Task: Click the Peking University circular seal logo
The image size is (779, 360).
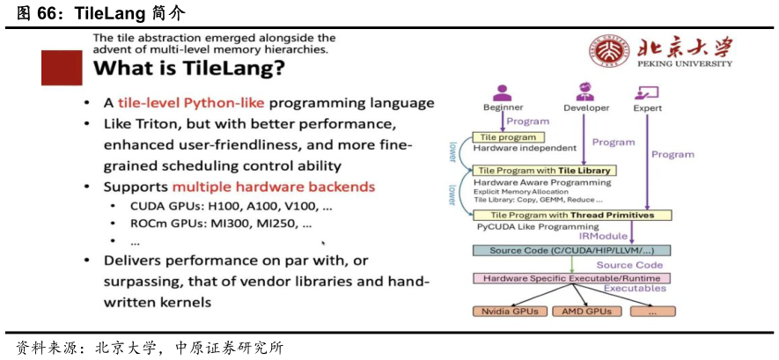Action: pos(609,55)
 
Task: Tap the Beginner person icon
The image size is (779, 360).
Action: pos(503,92)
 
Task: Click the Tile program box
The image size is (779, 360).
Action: pos(510,137)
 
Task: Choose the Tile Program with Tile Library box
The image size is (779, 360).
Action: pos(543,171)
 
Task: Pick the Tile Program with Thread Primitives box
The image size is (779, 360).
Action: pos(572,215)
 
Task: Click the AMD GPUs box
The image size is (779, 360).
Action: pos(586,311)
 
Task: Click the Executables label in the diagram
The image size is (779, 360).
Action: pos(635,289)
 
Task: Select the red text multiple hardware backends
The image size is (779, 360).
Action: pos(274,187)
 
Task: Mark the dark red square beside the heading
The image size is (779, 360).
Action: pos(61,68)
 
